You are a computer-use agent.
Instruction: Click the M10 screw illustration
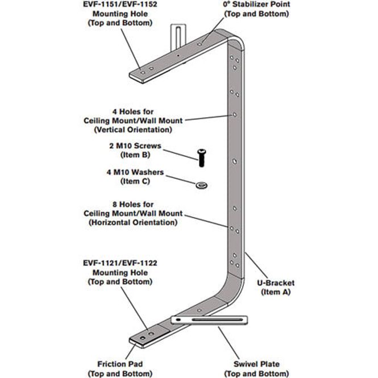click(202, 157)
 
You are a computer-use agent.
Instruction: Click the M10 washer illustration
click(202, 185)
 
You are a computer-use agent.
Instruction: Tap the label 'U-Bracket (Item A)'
click(276, 288)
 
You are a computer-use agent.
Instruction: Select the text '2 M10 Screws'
click(135, 146)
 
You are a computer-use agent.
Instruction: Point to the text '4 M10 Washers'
click(135, 172)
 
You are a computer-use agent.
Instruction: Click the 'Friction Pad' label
click(120, 364)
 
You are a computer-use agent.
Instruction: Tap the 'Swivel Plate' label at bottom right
click(256, 364)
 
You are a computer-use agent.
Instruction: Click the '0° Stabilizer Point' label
click(256, 5)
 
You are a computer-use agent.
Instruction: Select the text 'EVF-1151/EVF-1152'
click(120, 5)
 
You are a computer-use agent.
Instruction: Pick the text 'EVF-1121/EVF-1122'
click(120, 263)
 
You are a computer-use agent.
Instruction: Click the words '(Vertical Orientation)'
click(133, 130)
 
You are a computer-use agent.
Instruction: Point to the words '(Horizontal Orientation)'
click(133, 222)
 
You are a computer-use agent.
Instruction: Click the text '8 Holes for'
click(133, 205)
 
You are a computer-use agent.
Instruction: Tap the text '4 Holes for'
click(133, 112)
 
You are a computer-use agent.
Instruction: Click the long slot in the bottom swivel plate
click(217, 320)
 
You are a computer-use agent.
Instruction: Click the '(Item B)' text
click(135, 155)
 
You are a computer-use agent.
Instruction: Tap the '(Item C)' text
click(135, 181)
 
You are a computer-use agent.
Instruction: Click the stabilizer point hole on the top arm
click(200, 44)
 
